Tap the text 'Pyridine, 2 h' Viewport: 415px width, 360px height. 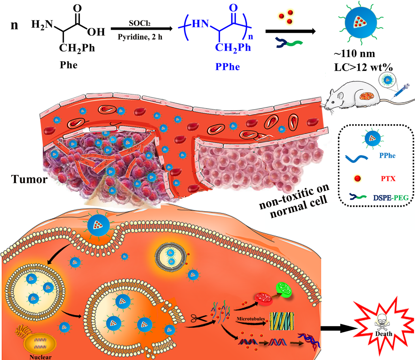pos(140,37)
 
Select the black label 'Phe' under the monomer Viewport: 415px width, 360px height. pos(69,65)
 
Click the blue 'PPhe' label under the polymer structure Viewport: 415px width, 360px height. pos(227,67)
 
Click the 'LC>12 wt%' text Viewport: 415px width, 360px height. pos(363,67)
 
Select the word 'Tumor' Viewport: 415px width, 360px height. pos(29,179)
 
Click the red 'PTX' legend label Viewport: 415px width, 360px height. pos(388,179)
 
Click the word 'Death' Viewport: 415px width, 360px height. pos(384,334)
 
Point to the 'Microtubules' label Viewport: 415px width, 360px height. pos(251,318)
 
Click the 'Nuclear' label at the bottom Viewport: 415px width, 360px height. pos(40,357)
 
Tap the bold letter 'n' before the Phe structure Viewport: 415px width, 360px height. pos(14,25)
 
